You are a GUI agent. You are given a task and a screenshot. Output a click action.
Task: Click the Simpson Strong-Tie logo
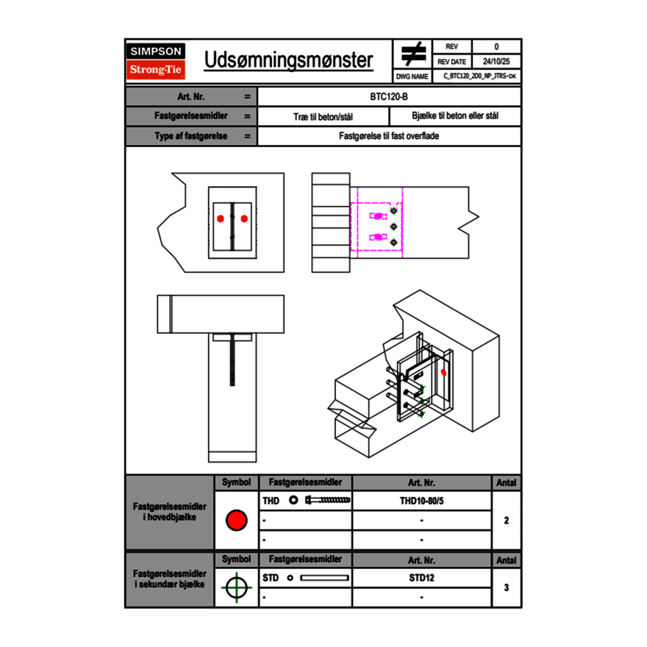156,61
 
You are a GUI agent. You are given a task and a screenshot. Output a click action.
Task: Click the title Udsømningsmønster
288,60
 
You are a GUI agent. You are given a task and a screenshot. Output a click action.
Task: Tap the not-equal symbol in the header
413,54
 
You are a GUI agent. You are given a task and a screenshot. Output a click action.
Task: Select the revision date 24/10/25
496,62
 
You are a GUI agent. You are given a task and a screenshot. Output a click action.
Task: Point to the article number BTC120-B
389,96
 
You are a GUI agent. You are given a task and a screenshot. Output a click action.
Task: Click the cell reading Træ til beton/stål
323,117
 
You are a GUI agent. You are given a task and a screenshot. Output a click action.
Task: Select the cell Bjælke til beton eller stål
455,116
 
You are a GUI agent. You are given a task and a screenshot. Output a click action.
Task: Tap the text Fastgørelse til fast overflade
389,136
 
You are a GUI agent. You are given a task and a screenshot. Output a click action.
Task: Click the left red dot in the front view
221,218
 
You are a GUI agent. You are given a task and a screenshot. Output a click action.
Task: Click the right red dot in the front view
244,218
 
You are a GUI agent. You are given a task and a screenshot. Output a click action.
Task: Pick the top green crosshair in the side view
393,211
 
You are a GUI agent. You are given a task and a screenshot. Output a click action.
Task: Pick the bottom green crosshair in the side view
393,242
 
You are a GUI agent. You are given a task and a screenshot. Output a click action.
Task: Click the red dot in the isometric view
443,373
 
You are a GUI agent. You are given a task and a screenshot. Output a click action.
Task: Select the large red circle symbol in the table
237,520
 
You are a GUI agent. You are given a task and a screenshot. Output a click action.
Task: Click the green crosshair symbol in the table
237,587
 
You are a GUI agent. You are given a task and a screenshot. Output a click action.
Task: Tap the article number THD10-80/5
422,501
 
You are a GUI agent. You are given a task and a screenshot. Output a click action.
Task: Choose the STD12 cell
422,578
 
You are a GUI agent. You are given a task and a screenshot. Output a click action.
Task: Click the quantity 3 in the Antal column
507,587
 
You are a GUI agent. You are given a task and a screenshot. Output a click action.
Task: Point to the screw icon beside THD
328,500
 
